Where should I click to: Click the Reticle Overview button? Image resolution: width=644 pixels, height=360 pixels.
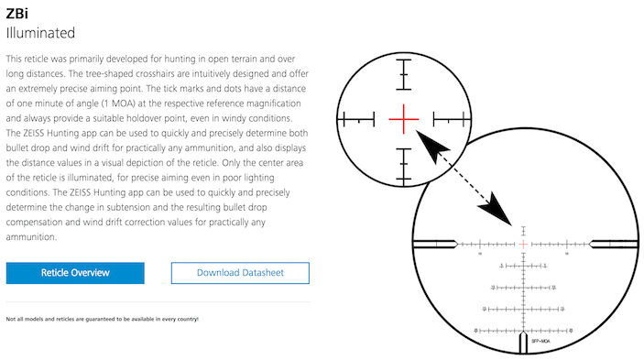(x=75, y=273)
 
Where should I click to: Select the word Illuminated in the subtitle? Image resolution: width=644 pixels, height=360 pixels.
(x=40, y=33)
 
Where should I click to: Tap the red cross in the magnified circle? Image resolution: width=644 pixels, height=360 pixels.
(x=403, y=118)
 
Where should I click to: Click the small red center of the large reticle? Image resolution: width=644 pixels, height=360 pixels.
(x=524, y=244)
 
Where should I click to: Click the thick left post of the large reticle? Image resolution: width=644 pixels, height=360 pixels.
(x=436, y=244)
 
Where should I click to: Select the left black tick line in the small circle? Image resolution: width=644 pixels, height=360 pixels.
(x=358, y=118)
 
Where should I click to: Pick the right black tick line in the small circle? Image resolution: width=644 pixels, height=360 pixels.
(x=449, y=118)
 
